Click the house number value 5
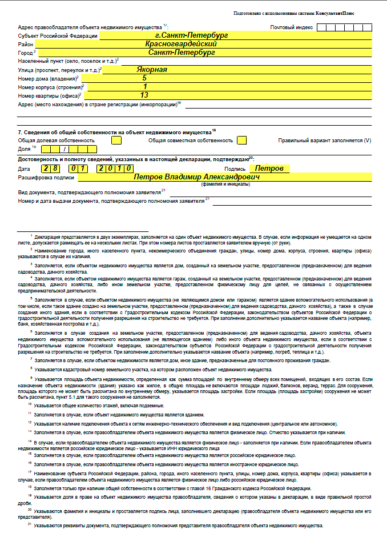pos(144,78)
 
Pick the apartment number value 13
pos(144,95)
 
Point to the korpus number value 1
pos(145,87)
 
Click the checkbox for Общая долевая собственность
pos(116,140)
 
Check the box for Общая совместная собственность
pos(242,140)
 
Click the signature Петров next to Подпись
pos(269,169)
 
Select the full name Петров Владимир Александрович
pos(196,177)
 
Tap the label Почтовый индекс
pos(291,27)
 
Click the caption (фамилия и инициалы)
pos(225,185)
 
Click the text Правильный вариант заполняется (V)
pos(324,141)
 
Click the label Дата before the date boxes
pos(24,169)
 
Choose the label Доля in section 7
pos(24,149)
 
